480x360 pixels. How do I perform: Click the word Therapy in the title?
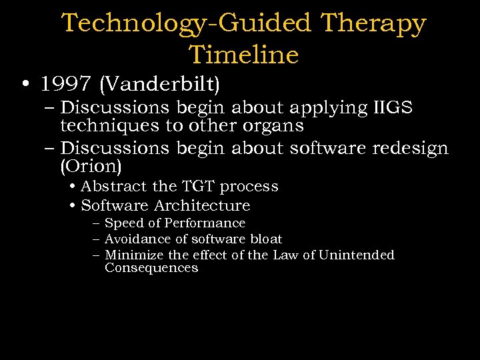[x=374, y=24]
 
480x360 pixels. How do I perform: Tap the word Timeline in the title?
[x=243, y=54]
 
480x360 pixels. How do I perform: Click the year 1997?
[x=65, y=85]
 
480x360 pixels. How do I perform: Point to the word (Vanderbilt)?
[x=159, y=85]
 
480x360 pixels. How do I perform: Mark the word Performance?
[x=205, y=223]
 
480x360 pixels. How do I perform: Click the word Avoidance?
[x=137, y=239]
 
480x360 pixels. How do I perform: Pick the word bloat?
[x=265, y=239]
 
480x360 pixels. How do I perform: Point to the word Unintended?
[x=357, y=255]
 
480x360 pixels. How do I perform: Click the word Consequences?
[x=151, y=268]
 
